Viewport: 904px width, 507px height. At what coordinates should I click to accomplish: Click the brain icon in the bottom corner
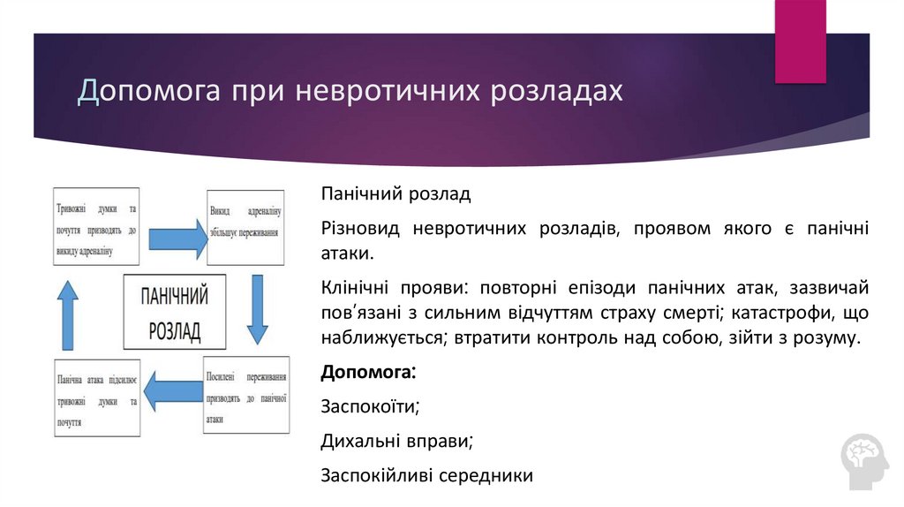point(865,460)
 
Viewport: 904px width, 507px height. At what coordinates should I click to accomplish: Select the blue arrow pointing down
point(257,308)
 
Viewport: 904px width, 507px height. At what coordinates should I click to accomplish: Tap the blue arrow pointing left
point(173,391)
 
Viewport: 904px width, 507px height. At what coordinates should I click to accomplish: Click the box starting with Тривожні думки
point(96,225)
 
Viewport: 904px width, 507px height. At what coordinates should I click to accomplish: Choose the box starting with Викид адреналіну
point(245,228)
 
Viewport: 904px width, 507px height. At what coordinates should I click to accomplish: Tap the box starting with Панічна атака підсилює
point(96,399)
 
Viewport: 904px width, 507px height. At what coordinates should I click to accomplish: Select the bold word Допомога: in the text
point(369,372)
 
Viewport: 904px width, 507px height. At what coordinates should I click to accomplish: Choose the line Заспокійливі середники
point(426,475)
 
